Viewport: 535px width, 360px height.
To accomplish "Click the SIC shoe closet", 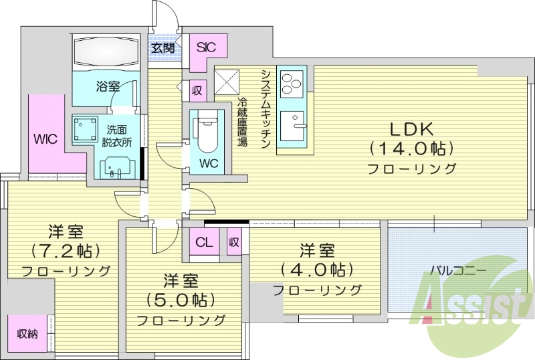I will click(205, 48).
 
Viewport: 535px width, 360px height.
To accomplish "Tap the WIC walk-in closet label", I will click(45, 139).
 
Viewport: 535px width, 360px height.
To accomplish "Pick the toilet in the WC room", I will click(206, 130).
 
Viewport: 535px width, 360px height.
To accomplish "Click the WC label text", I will click(209, 163).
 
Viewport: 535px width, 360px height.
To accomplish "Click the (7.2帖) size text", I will click(65, 251).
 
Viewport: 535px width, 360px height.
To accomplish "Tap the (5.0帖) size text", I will click(181, 299).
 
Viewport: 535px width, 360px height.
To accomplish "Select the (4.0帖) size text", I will click(316, 270).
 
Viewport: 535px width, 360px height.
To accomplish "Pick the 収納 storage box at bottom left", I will click(27, 332).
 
